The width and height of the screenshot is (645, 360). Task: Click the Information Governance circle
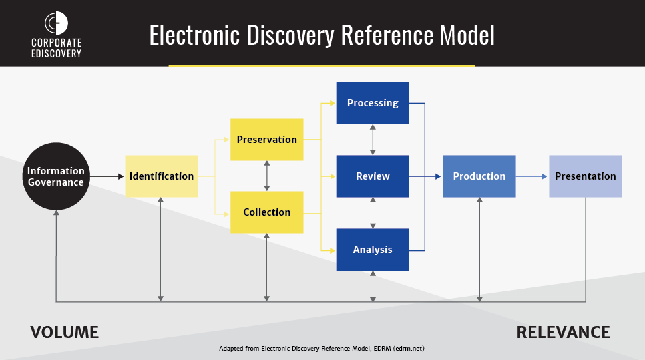(56, 176)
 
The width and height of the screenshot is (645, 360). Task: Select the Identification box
(162, 176)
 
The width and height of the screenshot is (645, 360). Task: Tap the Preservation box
(266, 140)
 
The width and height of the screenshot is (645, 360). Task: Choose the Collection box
(266, 212)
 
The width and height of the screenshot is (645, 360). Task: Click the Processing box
(373, 103)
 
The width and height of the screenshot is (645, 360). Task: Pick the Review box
(373, 176)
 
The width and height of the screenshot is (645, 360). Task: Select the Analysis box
(373, 250)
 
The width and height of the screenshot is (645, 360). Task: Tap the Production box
(479, 176)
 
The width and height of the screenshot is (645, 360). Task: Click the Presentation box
(586, 176)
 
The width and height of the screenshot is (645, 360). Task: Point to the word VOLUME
(65, 333)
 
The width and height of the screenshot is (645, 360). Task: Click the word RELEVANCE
(563, 333)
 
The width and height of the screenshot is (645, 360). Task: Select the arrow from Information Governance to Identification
(107, 176)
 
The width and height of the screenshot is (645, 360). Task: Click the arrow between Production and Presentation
(531, 176)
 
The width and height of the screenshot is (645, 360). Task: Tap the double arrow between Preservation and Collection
(267, 176)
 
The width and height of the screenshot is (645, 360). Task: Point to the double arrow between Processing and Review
(373, 140)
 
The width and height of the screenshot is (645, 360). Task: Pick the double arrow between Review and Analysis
(373, 212)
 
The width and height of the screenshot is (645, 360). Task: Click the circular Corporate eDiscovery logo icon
(56, 23)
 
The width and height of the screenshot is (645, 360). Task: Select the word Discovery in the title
(290, 35)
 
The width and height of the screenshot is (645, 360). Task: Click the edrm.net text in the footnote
(409, 349)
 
